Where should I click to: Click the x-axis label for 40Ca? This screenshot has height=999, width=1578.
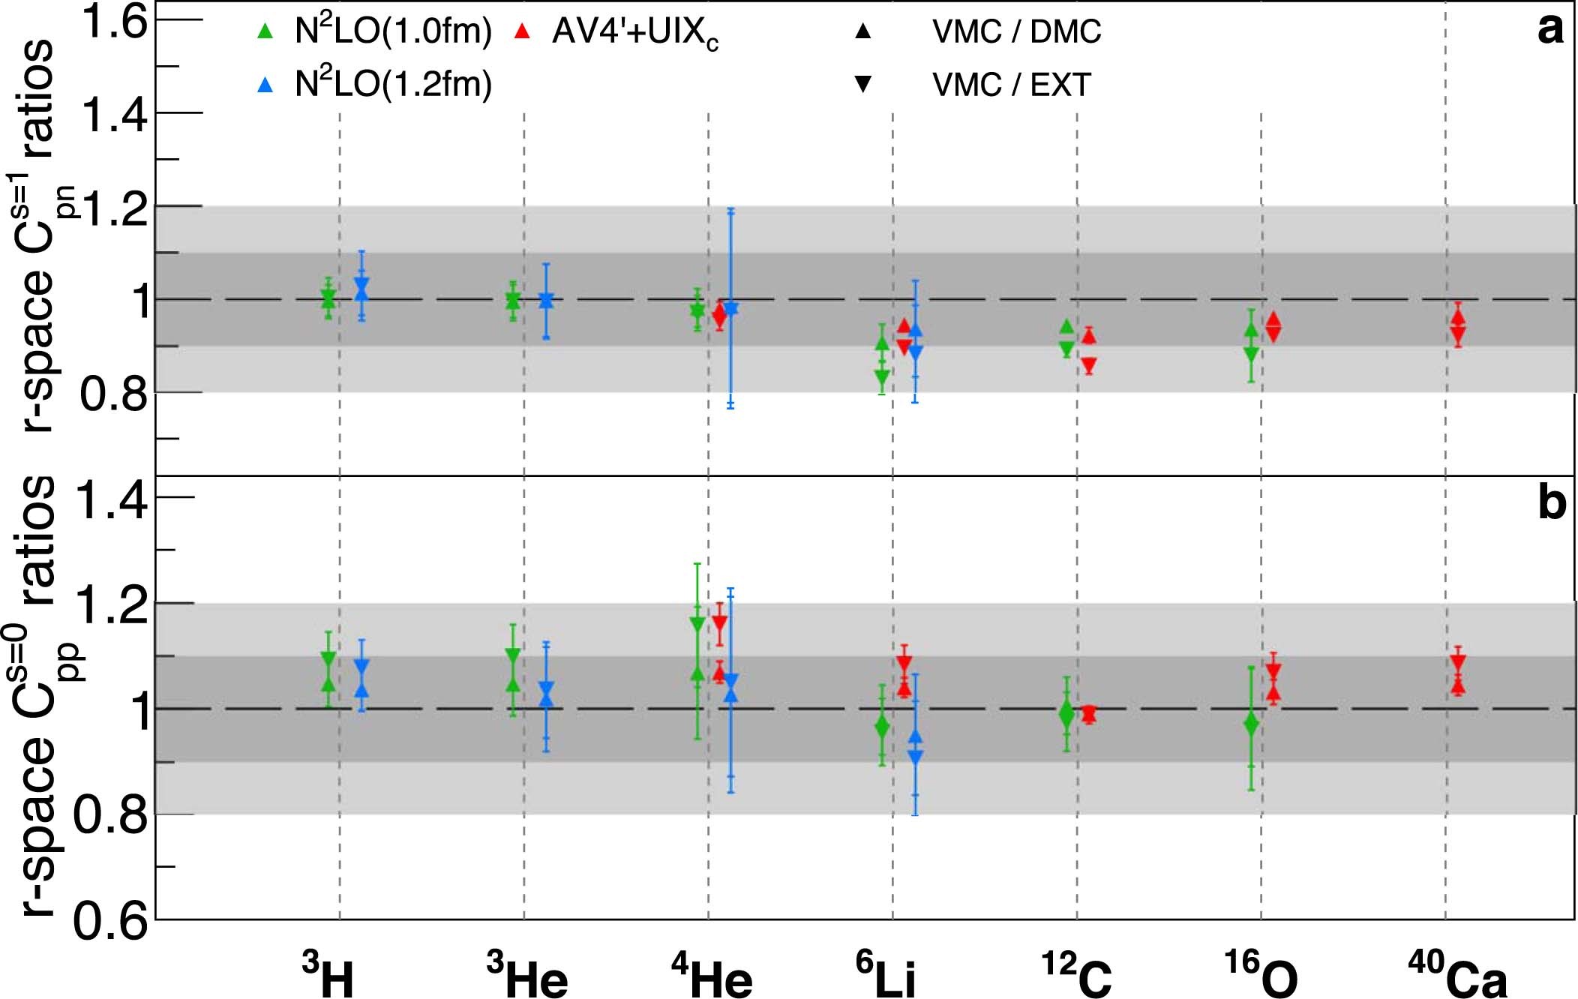point(1456,975)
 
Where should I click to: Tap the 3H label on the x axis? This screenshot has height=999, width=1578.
point(328,975)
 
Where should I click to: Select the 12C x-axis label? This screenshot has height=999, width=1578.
point(1076,975)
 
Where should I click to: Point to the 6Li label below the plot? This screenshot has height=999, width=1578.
point(886,975)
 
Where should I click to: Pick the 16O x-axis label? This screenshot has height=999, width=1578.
point(1261,975)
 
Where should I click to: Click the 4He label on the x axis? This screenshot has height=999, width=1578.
point(712,975)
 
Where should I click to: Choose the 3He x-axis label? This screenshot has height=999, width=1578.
point(527,975)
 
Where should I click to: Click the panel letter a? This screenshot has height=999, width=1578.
point(1549,30)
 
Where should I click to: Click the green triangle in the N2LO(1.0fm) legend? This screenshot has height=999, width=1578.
point(265,31)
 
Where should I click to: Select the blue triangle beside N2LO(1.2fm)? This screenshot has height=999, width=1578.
point(265,85)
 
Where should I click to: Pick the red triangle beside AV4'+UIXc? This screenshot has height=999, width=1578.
point(523,31)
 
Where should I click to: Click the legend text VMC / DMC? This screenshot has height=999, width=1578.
point(1016,31)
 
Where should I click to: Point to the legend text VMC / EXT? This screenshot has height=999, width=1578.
point(1011,85)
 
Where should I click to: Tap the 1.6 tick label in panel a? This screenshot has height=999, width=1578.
point(114,22)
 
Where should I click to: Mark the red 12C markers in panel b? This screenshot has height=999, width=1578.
point(1089,714)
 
